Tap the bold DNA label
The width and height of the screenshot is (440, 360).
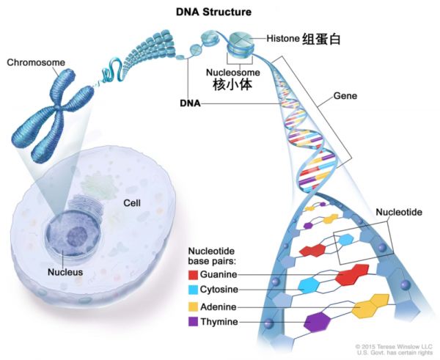tap(190, 104)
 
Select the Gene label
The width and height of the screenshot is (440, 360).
tap(345, 95)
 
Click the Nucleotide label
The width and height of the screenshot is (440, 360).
tap(399, 212)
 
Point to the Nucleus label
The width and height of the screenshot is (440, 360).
tap(66, 272)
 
